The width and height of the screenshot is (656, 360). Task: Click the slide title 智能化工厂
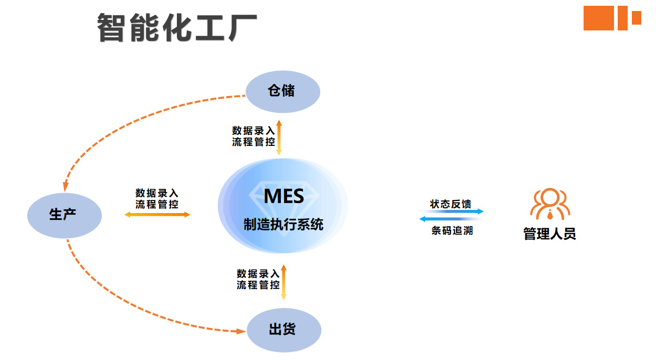(x=177, y=28)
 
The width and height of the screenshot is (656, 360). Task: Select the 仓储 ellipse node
(x=282, y=91)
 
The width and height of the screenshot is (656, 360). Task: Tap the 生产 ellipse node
(x=64, y=215)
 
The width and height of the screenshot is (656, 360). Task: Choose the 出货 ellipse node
(x=283, y=330)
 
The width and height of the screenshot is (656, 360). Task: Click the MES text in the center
(x=283, y=196)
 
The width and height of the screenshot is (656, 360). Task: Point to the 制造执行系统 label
(x=283, y=225)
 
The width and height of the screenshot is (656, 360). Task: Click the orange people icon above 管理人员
(x=549, y=204)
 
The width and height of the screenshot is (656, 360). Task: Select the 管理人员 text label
(x=549, y=234)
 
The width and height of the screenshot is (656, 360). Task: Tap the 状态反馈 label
(x=450, y=204)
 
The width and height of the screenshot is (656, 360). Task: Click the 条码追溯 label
(x=452, y=230)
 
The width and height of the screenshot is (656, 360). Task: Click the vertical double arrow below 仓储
(x=279, y=137)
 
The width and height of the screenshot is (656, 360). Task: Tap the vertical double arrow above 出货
(x=283, y=282)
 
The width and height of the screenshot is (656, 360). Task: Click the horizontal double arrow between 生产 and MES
(x=157, y=215)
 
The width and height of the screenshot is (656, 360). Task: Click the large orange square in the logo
(x=598, y=18)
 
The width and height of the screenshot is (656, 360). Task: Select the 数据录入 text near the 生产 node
(x=157, y=193)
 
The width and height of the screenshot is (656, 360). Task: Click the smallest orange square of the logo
(x=636, y=18)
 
